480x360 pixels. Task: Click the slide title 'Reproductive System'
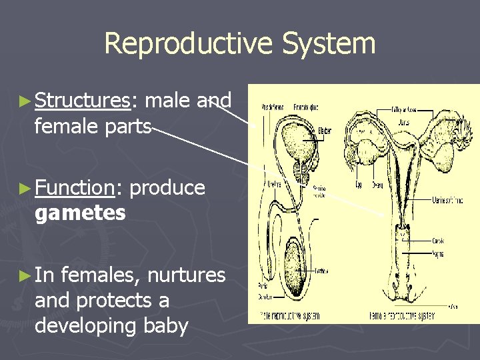(x=240, y=44)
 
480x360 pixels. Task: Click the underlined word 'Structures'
(x=82, y=101)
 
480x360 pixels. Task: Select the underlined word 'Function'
(x=75, y=188)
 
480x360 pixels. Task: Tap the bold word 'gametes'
(x=80, y=213)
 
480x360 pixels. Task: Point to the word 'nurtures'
(x=186, y=275)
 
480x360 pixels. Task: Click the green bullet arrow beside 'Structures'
(x=25, y=101)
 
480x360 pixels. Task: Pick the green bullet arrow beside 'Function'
(x=25, y=189)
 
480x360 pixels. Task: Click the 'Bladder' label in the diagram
(x=325, y=131)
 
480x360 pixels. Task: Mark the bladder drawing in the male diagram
(x=293, y=143)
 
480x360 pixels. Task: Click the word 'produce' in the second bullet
(x=167, y=188)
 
